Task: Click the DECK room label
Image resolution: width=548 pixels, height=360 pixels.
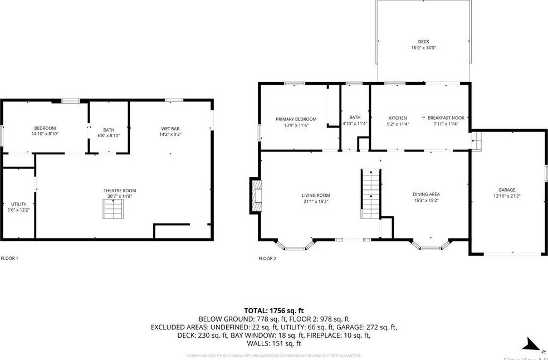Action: [424, 41]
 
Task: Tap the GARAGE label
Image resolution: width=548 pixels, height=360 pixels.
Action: [506, 189]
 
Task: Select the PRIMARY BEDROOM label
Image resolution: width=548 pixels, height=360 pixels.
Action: [296, 119]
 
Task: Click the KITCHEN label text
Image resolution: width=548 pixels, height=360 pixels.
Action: [398, 118]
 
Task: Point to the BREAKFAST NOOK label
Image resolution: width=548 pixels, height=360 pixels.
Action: [446, 118]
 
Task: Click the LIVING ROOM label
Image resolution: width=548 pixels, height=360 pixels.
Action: [316, 195]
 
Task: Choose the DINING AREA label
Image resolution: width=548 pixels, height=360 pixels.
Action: [426, 194]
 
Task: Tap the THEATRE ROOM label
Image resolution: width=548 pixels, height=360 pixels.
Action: [119, 191]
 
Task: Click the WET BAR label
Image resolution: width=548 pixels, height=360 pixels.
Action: [170, 128]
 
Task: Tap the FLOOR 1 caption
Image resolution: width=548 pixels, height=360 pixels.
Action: [9, 258]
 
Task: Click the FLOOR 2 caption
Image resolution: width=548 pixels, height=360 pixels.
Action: [267, 258]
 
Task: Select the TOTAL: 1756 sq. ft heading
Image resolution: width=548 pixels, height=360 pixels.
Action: [273, 310]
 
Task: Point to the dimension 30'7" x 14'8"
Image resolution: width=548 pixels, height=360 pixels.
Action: [119, 196]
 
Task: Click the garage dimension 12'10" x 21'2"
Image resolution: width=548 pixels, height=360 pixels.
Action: [506, 196]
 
